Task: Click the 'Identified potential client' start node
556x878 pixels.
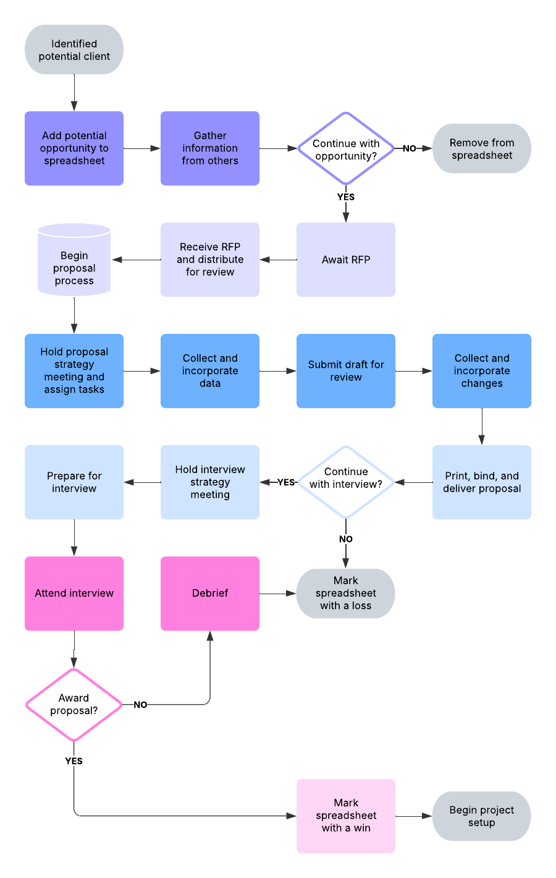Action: [x=74, y=49]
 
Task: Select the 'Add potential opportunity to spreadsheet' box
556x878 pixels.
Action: [x=74, y=148]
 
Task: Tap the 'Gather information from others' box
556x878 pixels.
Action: [x=210, y=148]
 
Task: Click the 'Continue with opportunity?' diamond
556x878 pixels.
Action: [x=346, y=149]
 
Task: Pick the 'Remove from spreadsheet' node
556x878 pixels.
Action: [x=482, y=148]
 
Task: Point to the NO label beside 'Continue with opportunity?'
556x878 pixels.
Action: [x=410, y=148]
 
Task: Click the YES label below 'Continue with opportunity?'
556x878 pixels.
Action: [x=346, y=197]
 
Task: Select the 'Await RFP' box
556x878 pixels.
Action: [x=346, y=260]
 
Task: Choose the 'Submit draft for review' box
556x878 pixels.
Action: [x=346, y=371]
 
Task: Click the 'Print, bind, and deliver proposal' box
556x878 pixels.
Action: [x=482, y=482]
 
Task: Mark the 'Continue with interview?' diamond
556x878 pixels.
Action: [x=346, y=482]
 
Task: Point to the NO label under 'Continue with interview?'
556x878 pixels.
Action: [x=346, y=539]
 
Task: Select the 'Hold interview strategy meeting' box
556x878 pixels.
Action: [x=210, y=482]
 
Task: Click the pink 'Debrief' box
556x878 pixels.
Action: [x=210, y=594]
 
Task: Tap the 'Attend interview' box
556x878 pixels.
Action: [x=74, y=594]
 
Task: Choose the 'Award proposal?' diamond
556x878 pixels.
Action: [x=74, y=705]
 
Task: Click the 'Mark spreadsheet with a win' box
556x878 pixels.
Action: [x=346, y=816]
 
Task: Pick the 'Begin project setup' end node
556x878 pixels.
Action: [x=482, y=816]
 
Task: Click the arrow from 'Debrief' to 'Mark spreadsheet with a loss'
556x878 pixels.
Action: [x=277, y=594]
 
